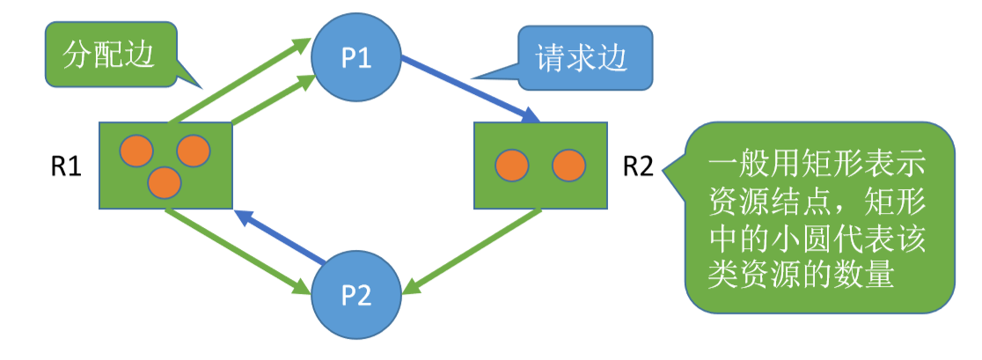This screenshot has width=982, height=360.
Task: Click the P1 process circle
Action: point(356,58)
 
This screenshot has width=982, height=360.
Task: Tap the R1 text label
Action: point(65,166)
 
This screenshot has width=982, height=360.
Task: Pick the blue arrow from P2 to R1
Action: point(282,237)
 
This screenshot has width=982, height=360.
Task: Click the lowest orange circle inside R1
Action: point(165,182)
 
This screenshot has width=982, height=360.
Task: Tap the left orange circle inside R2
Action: point(511,165)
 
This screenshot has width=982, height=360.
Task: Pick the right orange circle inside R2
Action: point(568,165)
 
